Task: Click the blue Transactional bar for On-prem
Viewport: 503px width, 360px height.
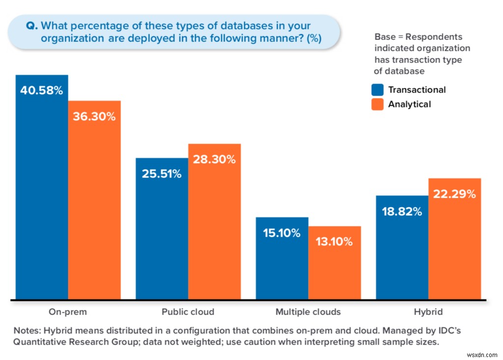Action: [x=42, y=196]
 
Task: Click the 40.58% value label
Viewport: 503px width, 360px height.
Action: [x=42, y=91]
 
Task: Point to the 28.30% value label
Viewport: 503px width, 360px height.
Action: [x=215, y=160]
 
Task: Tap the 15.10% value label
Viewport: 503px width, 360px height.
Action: [x=282, y=233]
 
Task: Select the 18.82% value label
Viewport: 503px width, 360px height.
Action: [x=402, y=212]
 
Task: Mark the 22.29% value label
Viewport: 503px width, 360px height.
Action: [x=454, y=194]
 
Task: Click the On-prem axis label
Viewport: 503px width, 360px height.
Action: [x=68, y=312]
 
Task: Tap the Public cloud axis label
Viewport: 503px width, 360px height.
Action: [x=188, y=312]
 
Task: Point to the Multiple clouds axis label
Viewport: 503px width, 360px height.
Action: [x=308, y=312]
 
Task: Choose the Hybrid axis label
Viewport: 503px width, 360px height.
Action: [x=428, y=312]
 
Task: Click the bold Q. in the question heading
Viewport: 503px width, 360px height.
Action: [x=32, y=26]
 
